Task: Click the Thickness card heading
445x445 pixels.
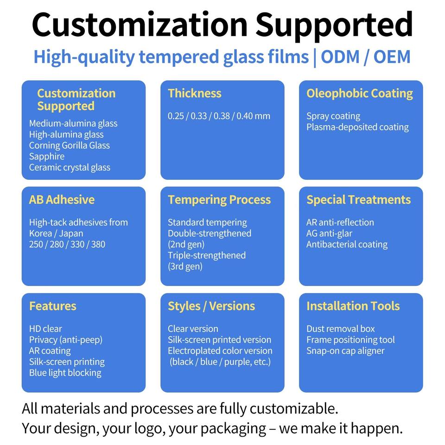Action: click(194, 93)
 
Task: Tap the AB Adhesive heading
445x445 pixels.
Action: click(62, 200)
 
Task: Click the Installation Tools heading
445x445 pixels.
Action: click(353, 306)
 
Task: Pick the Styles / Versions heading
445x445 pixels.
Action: click(211, 306)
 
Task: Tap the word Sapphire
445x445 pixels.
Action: click(47, 157)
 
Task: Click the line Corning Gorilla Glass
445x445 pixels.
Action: click(69, 145)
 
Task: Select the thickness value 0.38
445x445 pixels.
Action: click(222, 116)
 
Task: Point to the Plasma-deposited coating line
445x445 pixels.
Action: click(357, 127)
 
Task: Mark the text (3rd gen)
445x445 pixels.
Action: click(185, 267)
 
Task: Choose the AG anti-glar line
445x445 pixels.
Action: click(329, 234)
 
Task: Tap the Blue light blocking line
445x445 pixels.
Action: click(65, 373)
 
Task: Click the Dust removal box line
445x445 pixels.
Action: click(341, 329)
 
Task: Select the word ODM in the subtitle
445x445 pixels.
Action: click(340, 57)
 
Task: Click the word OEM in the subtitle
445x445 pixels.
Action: click(392, 57)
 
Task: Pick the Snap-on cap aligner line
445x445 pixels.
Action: click(345, 351)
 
